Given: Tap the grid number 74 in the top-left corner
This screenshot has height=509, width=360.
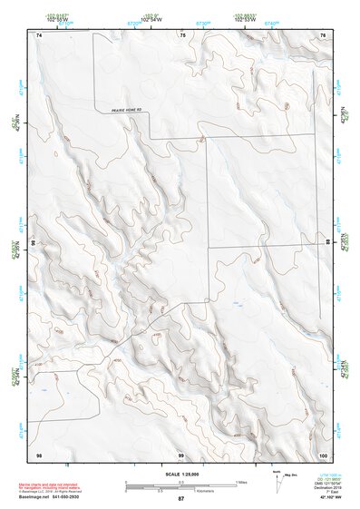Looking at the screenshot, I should (x=39, y=34).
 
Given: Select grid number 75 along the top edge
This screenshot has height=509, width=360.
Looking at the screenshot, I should (x=182, y=34).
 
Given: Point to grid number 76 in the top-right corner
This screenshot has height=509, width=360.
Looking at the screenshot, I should (x=322, y=34).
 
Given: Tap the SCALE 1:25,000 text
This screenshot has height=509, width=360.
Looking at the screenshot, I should (x=180, y=473).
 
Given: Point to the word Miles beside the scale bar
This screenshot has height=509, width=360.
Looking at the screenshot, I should (x=241, y=481).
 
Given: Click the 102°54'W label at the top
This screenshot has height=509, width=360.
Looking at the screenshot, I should (x=147, y=17).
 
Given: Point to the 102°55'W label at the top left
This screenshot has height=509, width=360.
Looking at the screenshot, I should (x=56, y=17).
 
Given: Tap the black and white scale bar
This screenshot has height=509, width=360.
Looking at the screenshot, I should (x=180, y=482).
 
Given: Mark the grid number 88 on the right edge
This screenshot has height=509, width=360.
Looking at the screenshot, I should (x=327, y=243).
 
